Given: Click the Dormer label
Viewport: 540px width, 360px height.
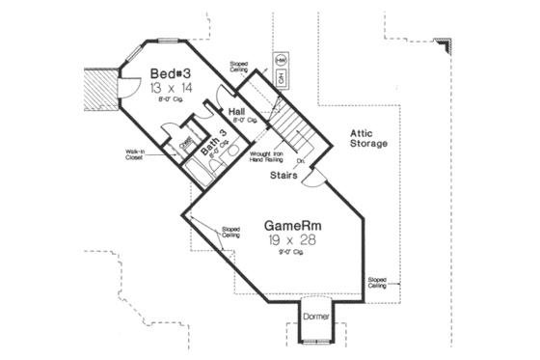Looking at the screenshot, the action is coord(316,316).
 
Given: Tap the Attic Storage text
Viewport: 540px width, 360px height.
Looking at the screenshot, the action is coord(367,137).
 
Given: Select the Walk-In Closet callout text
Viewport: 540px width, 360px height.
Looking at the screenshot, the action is coord(133,153).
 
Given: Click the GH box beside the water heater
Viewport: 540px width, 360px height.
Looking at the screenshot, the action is coord(280,77).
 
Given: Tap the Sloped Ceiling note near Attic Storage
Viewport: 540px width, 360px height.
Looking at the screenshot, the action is coord(378,283).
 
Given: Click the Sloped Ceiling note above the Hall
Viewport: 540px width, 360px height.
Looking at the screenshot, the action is coord(240,69).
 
